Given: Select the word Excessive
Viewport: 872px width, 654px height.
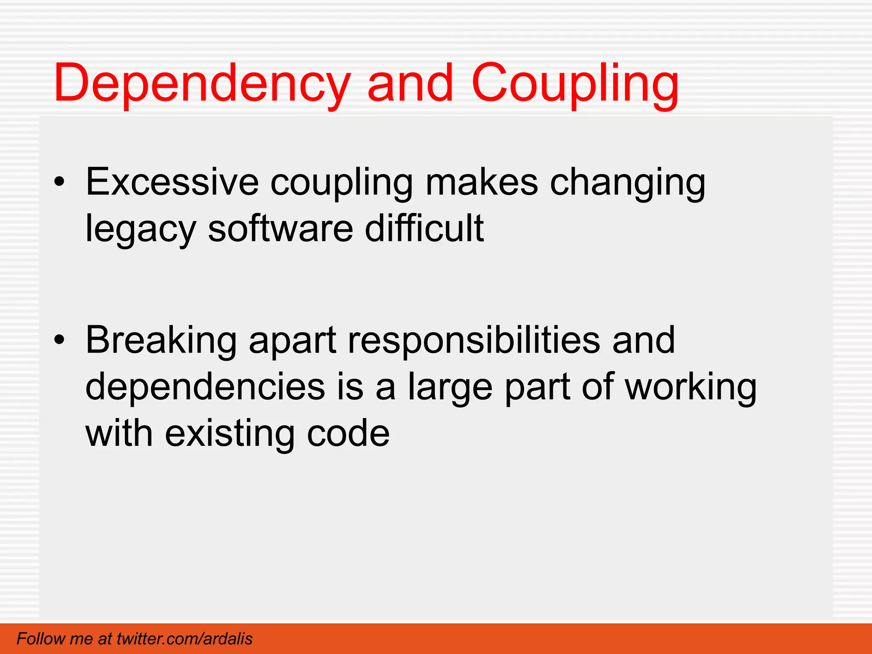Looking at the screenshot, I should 172,182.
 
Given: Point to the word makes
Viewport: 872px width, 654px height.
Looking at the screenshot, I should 482,182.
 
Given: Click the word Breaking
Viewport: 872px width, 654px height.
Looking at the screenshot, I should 161,341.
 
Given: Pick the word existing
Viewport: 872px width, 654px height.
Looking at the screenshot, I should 229,434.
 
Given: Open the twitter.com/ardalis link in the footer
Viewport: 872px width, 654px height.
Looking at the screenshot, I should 184,639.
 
